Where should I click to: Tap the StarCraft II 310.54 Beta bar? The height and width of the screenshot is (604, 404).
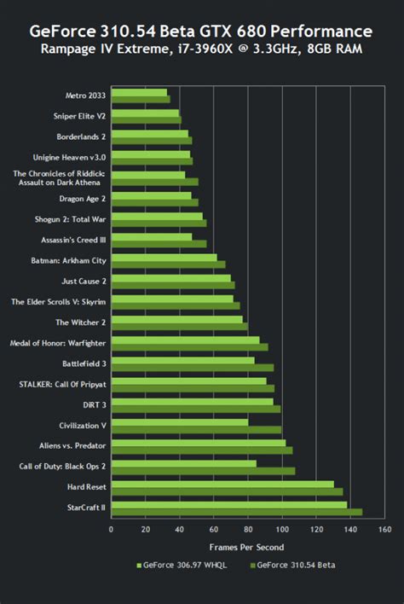pyautogui.click(x=237, y=513)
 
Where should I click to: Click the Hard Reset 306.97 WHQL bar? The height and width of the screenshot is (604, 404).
pyautogui.click(x=222, y=484)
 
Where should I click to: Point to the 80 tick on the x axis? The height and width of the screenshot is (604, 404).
pyautogui.click(x=248, y=529)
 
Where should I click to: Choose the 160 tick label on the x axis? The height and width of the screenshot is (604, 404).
pyautogui.click(x=384, y=529)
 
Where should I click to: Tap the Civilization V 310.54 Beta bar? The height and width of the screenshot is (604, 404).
pyautogui.click(x=196, y=429)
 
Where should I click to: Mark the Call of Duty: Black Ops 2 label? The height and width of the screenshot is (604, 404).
pyautogui.click(x=62, y=467)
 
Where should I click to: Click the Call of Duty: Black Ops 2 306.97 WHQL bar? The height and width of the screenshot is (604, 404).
pyautogui.click(x=184, y=463)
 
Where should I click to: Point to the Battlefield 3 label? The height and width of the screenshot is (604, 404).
pyautogui.click(x=81, y=363)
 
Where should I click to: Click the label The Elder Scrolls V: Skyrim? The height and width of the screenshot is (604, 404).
pyautogui.click(x=59, y=301)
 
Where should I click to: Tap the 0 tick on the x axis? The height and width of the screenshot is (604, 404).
pyautogui.click(x=112, y=529)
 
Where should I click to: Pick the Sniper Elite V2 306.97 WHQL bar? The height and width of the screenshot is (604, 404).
pyautogui.click(x=145, y=112)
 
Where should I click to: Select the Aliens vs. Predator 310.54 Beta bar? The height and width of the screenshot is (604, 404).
pyautogui.click(x=202, y=450)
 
